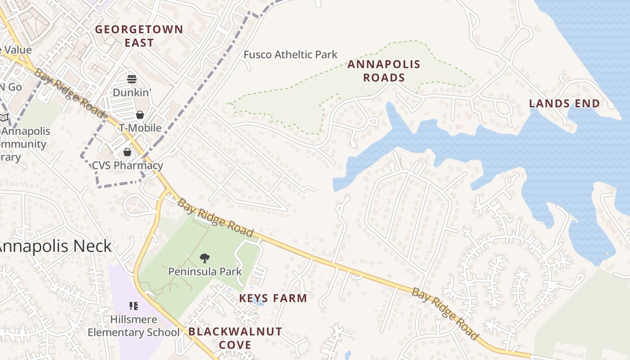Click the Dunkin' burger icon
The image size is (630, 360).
click(x=132, y=79)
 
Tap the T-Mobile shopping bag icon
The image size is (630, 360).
click(x=139, y=115)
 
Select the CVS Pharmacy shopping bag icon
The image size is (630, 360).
click(x=127, y=152)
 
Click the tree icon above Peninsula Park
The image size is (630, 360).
click(x=205, y=258)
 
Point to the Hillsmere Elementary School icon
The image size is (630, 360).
click(x=134, y=306)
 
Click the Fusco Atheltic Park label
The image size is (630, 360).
click(x=290, y=55)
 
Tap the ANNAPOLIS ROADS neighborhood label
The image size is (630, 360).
click(x=384, y=71)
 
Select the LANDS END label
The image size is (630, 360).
click(x=564, y=103)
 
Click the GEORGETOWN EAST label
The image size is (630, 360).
click(x=139, y=36)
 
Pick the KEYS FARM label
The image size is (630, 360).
click(x=273, y=298)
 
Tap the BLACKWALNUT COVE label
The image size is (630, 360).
click(x=235, y=338)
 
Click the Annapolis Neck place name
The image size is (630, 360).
click(x=54, y=247)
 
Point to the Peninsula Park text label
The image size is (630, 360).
click(x=205, y=272)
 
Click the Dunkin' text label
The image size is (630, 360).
click(x=131, y=92)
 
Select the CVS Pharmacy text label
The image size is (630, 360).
click(x=127, y=165)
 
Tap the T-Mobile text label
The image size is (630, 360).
click(x=140, y=128)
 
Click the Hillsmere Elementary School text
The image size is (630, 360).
click(x=134, y=326)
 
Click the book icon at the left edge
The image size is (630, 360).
click(x=4, y=118)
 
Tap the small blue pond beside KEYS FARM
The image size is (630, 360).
click(x=259, y=302)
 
